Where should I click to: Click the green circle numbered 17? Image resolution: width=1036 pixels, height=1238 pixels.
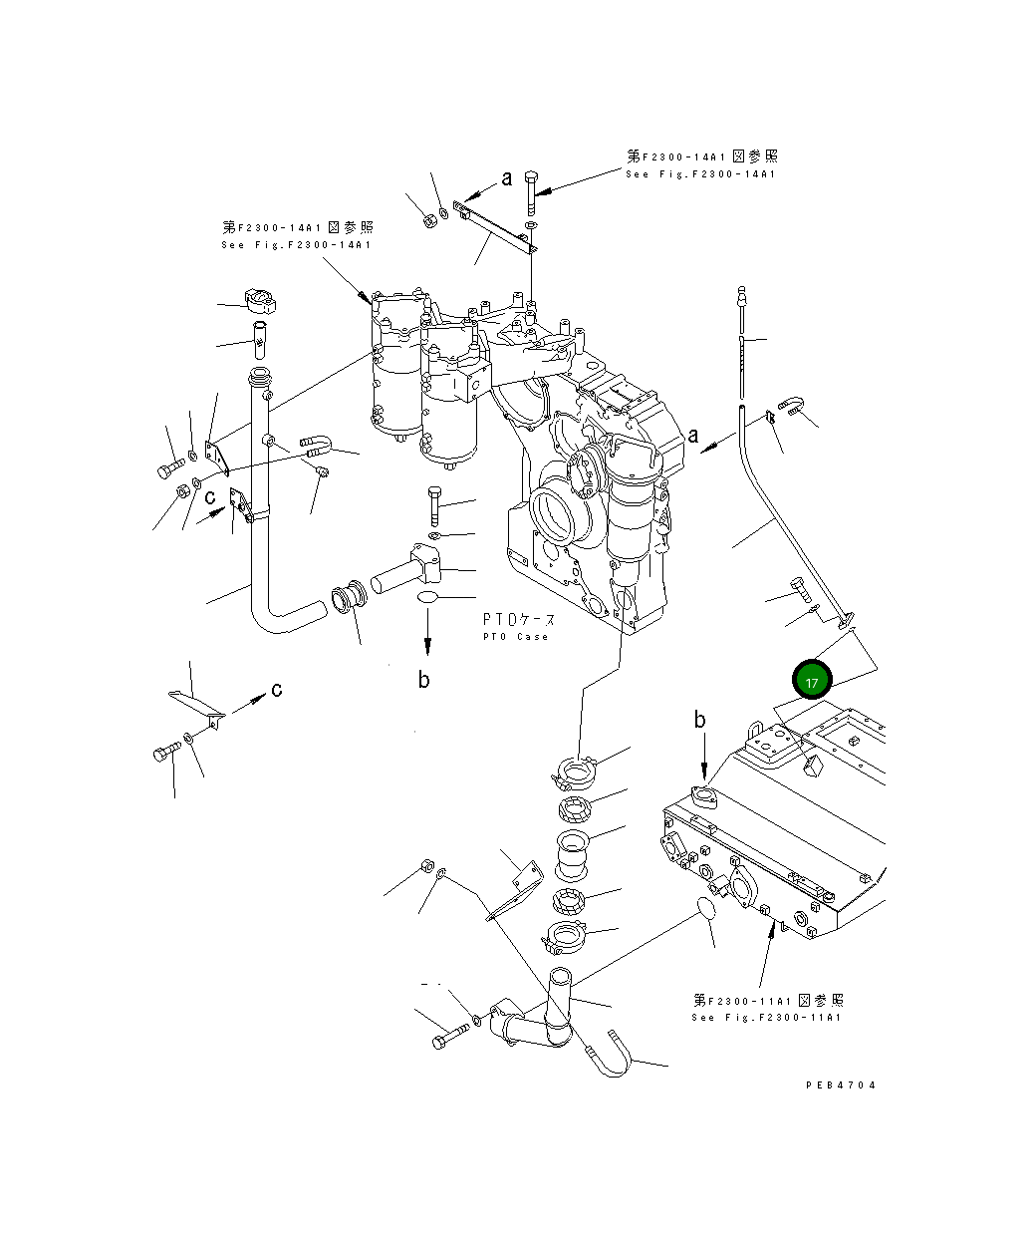pyautogui.click(x=813, y=682)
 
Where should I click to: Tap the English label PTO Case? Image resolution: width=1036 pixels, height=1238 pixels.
pyautogui.click(x=516, y=637)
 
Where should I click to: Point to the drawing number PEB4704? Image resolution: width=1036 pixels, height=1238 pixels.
pyautogui.click(x=841, y=1085)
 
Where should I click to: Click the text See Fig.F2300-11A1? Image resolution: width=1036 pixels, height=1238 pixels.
pyautogui.click(x=766, y=1018)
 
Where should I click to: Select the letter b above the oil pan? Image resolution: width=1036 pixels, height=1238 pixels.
pyautogui.click(x=700, y=720)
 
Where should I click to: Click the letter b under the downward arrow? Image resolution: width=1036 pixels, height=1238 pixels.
pyautogui.click(x=424, y=681)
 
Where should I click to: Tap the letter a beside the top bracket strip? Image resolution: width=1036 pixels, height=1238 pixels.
pyautogui.click(x=506, y=178)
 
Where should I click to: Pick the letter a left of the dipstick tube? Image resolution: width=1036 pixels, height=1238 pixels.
pyautogui.click(x=693, y=435)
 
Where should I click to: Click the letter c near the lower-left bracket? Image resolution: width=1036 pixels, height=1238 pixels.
pyautogui.click(x=276, y=689)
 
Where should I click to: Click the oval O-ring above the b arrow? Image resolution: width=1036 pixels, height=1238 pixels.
pyautogui.click(x=428, y=597)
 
